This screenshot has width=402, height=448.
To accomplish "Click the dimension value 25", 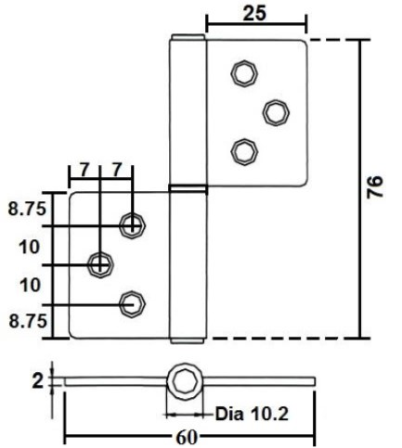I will point(254,15).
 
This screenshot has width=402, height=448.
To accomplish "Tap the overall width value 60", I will point(190,437).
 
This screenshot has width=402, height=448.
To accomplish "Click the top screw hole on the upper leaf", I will point(244,73).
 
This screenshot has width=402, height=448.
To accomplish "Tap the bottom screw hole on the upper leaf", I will point(243,149).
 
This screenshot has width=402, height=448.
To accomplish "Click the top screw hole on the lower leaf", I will point(133,224).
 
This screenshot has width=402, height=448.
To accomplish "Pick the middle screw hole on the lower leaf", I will point(99,264).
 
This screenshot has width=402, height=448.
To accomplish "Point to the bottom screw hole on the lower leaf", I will point(133,301).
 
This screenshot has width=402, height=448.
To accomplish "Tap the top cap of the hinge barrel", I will point(186,40).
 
